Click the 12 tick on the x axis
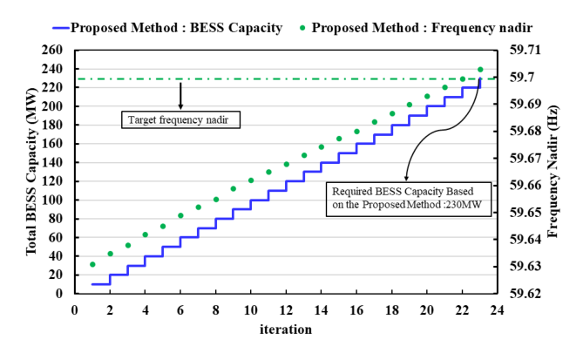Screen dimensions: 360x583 286,309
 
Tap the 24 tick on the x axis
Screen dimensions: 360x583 498,309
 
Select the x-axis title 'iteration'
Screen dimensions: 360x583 285,329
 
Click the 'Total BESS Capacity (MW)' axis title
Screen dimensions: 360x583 30,172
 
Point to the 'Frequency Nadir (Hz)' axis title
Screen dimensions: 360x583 552,172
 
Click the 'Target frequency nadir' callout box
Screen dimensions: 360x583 180,118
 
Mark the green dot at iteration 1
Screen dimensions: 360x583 92,264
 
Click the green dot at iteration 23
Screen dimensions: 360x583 480,69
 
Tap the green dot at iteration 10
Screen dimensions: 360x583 251,180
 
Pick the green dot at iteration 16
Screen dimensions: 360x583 356,132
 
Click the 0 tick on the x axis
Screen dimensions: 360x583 75,309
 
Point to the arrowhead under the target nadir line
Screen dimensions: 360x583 180,105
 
